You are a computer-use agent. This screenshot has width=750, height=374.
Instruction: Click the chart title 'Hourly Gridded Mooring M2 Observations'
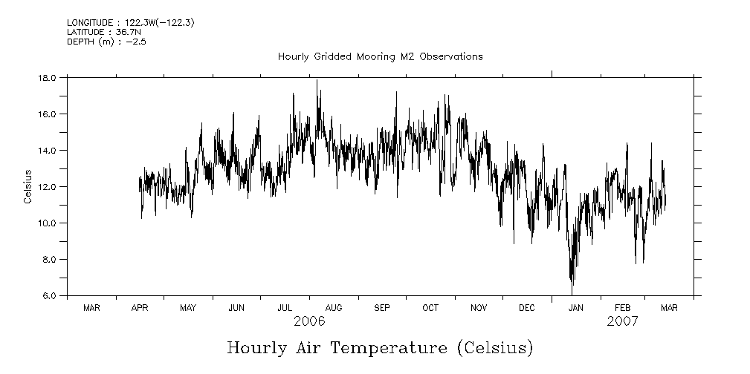point(380,56)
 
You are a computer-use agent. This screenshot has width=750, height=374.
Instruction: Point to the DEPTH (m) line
point(101,42)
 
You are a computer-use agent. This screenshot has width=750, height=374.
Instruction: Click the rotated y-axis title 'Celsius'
point(28,186)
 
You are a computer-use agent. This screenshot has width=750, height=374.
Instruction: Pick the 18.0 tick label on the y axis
point(48,78)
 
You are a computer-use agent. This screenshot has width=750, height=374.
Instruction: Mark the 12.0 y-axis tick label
point(48,187)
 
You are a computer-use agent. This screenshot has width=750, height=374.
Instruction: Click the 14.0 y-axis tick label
point(48,151)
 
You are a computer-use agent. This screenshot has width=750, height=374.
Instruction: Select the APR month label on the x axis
point(140,307)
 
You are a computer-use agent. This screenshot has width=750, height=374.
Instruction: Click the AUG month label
point(334,307)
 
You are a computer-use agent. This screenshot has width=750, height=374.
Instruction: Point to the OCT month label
point(430,307)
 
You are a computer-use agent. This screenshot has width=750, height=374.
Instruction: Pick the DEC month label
point(526,307)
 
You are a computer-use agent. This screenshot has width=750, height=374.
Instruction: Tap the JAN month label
point(575,307)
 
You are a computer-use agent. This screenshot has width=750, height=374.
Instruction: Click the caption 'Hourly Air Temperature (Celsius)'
point(379,347)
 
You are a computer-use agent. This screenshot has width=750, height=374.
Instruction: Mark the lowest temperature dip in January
point(572,284)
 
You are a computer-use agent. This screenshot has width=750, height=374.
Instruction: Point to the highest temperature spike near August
point(317,80)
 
